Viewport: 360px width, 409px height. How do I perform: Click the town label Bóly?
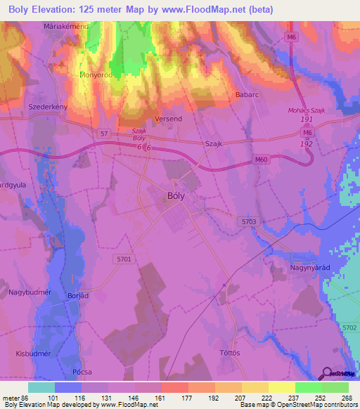(175, 197)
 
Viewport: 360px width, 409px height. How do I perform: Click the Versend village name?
(168, 119)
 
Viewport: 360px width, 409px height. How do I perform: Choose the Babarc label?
(248, 94)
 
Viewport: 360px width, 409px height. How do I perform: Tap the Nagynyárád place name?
(311, 268)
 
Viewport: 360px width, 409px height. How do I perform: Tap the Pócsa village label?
(82, 372)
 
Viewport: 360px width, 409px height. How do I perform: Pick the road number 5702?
(347, 328)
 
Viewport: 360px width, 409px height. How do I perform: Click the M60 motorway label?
(262, 160)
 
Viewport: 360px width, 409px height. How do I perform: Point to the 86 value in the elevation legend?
(27, 398)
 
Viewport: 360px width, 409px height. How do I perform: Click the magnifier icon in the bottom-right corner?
(326, 373)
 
